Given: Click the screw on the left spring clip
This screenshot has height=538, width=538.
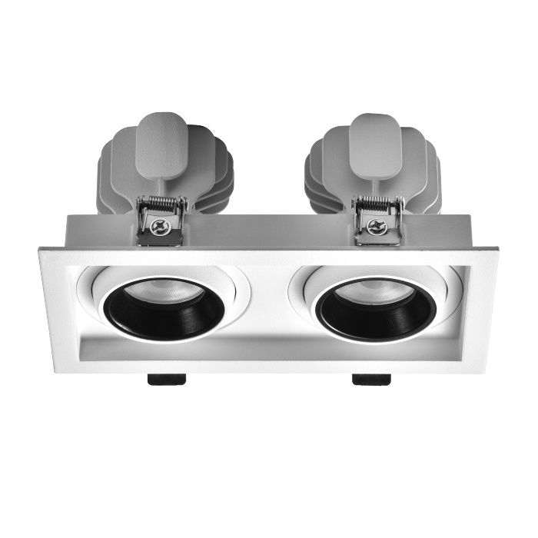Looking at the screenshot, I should (160, 227).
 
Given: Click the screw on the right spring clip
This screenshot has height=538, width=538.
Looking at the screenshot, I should (376, 226).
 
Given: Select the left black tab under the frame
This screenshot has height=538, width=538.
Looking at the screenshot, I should (166, 378).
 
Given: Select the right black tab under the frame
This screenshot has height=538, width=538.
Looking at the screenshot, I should (371, 378).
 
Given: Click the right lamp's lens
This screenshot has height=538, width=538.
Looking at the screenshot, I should (374, 291).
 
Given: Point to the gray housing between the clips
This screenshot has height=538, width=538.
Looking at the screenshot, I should (269, 228).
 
